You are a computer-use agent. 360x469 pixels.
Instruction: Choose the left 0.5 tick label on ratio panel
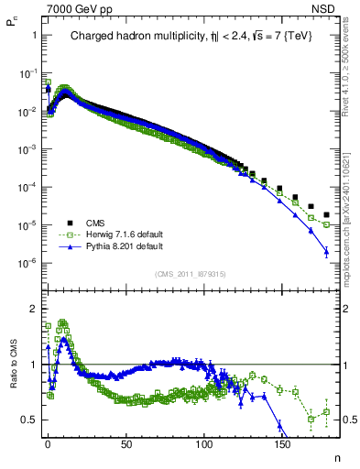28,420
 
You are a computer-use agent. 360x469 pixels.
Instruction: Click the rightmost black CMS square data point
326,215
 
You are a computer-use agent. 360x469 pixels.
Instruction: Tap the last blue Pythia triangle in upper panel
326,252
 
